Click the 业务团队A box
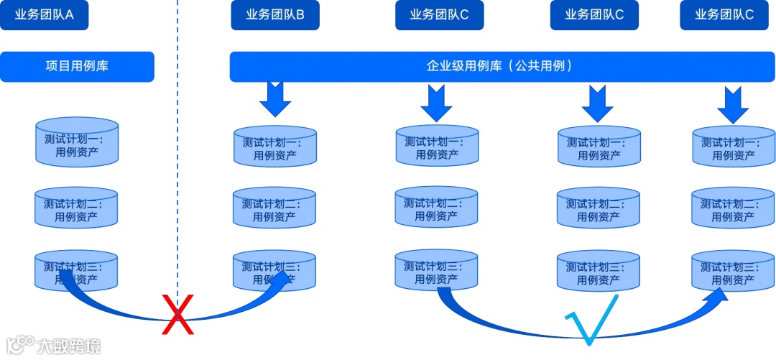[x=44, y=14]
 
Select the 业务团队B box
[x=274, y=15]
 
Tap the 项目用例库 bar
[x=77, y=66]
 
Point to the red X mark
[x=177, y=315]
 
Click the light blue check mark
[x=591, y=319]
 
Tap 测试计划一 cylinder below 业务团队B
[x=274, y=147]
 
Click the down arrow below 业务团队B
[x=274, y=98]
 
